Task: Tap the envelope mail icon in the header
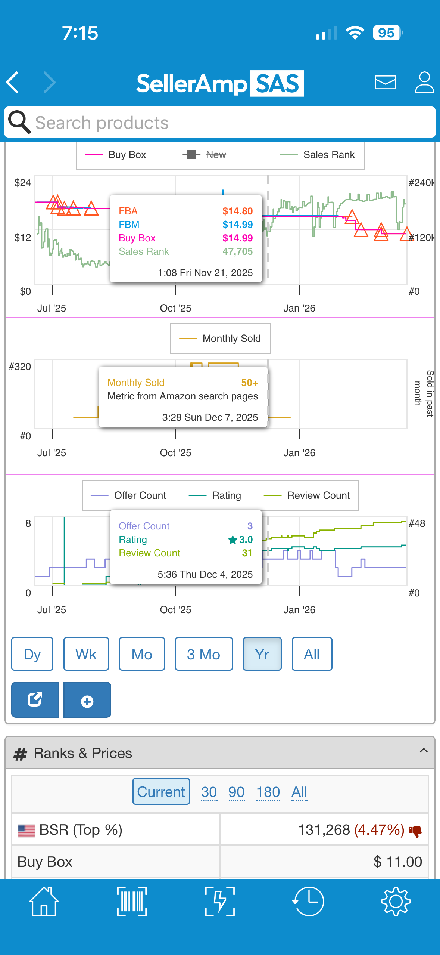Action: (x=385, y=82)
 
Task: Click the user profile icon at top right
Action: (x=424, y=82)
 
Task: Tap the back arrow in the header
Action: (x=13, y=82)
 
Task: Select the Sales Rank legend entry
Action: (x=317, y=155)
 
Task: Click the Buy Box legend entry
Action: (x=115, y=155)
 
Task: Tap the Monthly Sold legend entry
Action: (x=220, y=339)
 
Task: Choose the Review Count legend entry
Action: (x=307, y=495)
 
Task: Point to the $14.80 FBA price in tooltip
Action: (x=237, y=211)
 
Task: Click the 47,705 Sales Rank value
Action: (x=237, y=251)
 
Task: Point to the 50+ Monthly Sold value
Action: (x=249, y=383)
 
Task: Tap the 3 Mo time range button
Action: (x=204, y=654)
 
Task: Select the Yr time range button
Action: (x=262, y=654)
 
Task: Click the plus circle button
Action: (x=87, y=700)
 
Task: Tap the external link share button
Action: (x=35, y=700)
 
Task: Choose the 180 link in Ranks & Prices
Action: (x=268, y=792)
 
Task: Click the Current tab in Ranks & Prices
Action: (x=161, y=792)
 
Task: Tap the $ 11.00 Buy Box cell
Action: (x=398, y=862)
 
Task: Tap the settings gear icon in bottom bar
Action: (x=396, y=901)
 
